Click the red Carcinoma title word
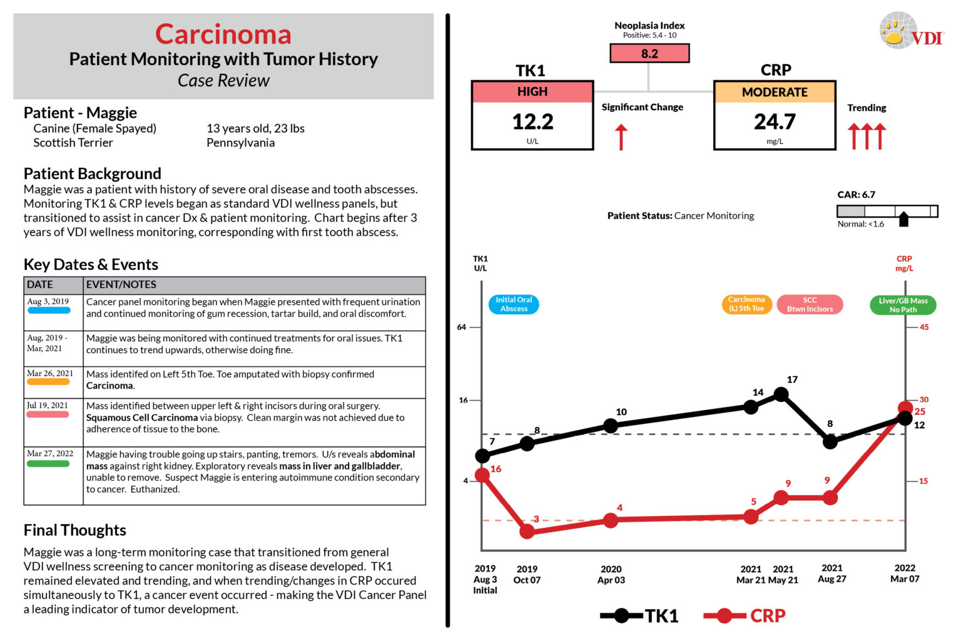(x=223, y=34)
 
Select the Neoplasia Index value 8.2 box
(x=649, y=54)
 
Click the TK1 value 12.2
(x=532, y=121)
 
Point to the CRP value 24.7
(x=775, y=121)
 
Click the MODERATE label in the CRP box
(x=775, y=92)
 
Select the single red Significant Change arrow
(x=621, y=137)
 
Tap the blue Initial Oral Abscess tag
(x=514, y=304)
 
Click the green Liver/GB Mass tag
(x=903, y=305)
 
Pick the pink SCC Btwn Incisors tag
(x=810, y=305)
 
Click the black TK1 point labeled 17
(x=781, y=394)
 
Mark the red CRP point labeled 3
(x=527, y=531)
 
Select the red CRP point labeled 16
(x=482, y=476)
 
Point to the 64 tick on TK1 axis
(x=462, y=327)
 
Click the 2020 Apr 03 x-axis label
(x=611, y=574)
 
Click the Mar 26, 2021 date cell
(x=50, y=374)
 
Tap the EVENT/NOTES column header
(x=121, y=285)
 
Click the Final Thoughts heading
(x=74, y=530)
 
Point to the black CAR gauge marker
(x=903, y=219)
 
